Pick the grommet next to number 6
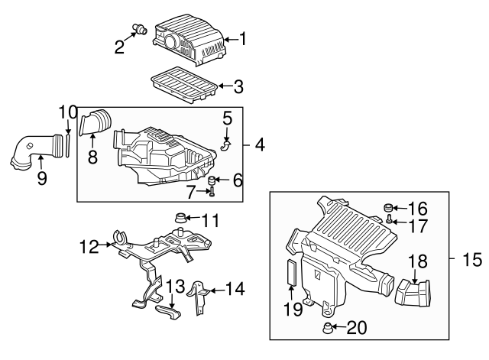point(213,180)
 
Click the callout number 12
point(89,247)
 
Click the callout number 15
point(472,260)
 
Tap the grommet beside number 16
point(388,207)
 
